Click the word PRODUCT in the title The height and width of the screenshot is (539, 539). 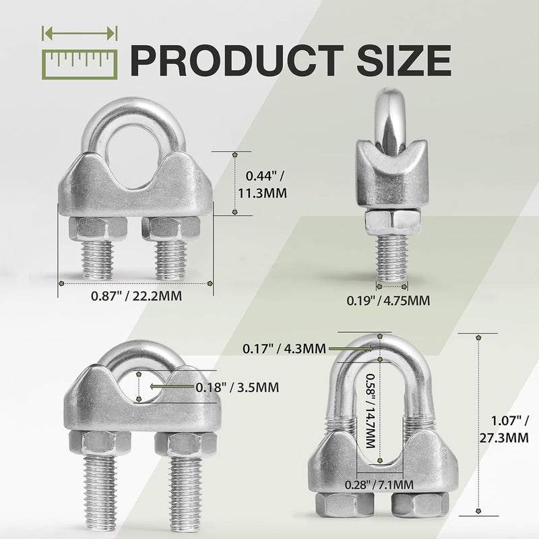pyautogui.click(x=237, y=61)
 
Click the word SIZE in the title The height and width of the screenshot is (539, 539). pyautogui.click(x=404, y=61)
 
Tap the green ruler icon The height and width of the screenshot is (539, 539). pyautogui.click(x=80, y=65)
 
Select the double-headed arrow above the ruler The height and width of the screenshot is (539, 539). pyautogui.click(x=80, y=33)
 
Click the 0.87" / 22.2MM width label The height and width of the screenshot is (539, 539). pyautogui.click(x=136, y=296)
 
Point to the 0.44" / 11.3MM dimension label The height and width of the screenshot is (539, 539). pyautogui.click(x=263, y=185)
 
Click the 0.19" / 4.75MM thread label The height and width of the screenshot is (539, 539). pyautogui.click(x=388, y=300)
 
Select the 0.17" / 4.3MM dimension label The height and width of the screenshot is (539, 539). pyautogui.click(x=284, y=348)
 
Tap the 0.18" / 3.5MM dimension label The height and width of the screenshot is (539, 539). pyautogui.click(x=237, y=388)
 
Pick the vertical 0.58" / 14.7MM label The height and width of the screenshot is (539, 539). pyautogui.click(x=370, y=411)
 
